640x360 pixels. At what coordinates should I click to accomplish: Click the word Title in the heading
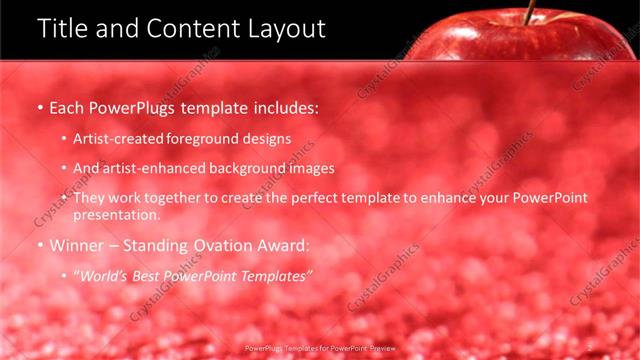tap(64, 28)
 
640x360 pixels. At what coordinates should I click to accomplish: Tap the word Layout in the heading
tap(284, 28)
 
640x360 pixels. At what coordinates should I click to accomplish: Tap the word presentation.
tap(117, 214)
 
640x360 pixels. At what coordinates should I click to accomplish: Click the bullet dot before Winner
tap(39, 245)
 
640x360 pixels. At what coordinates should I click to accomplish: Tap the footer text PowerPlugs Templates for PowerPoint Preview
tap(320, 349)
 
